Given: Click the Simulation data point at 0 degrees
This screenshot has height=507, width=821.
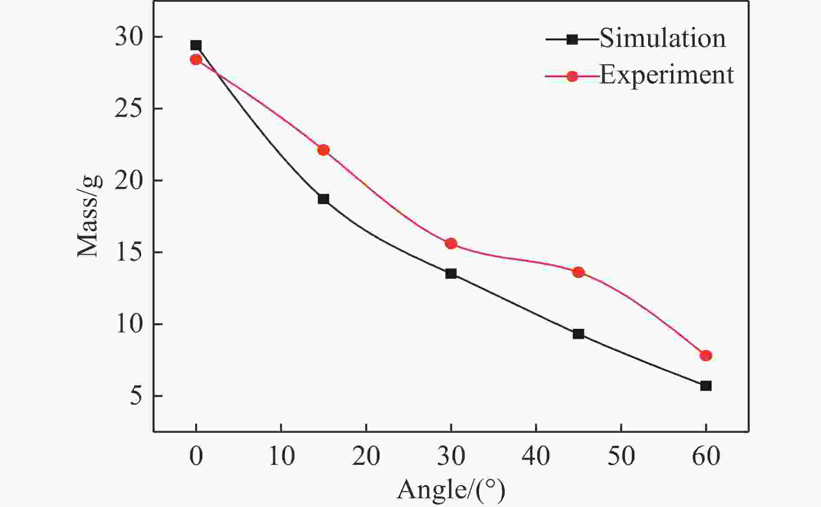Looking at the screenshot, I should (196, 45).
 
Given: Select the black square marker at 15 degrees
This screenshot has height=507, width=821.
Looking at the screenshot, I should (323, 199).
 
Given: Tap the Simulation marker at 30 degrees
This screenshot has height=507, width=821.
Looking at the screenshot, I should (451, 274).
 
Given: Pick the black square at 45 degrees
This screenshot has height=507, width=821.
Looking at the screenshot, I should (578, 334).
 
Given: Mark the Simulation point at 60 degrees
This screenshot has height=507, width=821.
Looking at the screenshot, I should (706, 386).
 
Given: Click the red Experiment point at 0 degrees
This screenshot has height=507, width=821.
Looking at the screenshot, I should (196, 60).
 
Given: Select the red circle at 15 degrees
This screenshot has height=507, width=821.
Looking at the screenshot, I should (323, 150).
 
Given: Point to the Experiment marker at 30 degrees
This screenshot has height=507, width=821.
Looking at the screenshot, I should (451, 243).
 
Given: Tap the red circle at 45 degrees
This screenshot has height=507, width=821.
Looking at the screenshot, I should (578, 272).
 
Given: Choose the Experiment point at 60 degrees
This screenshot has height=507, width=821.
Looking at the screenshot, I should (706, 355).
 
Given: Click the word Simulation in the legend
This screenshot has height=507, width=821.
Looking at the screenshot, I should (662, 38).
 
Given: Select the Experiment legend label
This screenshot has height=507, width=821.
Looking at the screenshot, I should (666, 75).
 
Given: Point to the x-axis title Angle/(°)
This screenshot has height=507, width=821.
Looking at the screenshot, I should (451, 490).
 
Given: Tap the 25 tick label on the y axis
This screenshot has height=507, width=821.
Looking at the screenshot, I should (129, 109).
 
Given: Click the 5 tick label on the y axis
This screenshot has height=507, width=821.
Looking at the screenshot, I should (136, 396).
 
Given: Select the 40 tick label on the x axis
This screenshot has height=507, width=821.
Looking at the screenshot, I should (536, 456).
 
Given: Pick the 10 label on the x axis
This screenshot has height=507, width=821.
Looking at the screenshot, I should (281, 456).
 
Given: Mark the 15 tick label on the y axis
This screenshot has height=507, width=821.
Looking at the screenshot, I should (129, 252).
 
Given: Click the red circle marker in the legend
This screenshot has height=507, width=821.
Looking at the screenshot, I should (573, 76).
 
